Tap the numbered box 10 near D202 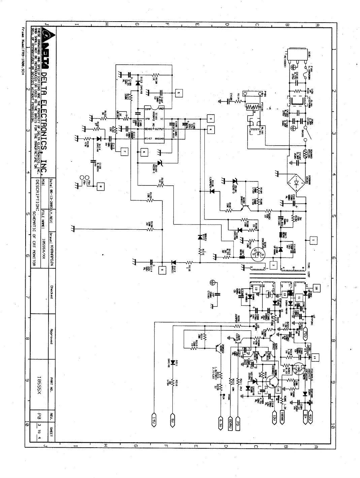point(316,288)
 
